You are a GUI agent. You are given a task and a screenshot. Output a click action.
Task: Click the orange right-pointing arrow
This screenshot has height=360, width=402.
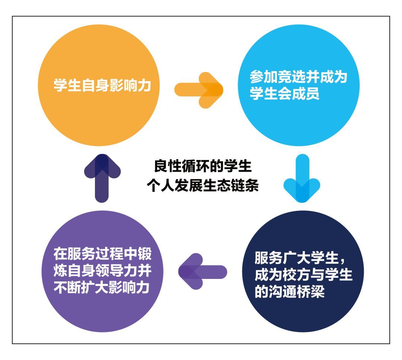[199, 90]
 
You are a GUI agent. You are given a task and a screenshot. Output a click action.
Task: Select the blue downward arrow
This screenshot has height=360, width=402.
[301, 178]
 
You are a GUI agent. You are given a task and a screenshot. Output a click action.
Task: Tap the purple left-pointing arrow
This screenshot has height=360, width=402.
[202, 270]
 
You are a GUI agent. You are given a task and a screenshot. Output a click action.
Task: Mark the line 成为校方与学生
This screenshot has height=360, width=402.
[303, 275]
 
